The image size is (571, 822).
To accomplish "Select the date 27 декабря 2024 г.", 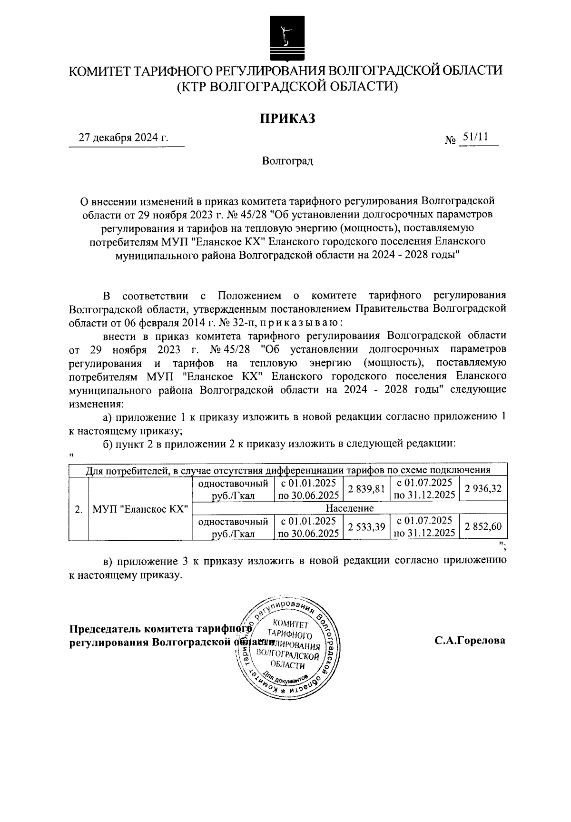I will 124,138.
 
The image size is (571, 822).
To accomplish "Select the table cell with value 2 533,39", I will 366,527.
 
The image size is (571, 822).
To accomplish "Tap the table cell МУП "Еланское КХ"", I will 140,508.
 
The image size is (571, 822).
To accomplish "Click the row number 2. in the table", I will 79,508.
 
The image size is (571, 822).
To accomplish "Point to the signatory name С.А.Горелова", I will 469,641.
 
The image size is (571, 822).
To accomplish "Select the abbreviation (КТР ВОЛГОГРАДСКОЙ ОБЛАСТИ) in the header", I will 286,87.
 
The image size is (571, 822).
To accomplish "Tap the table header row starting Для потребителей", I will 287,470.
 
